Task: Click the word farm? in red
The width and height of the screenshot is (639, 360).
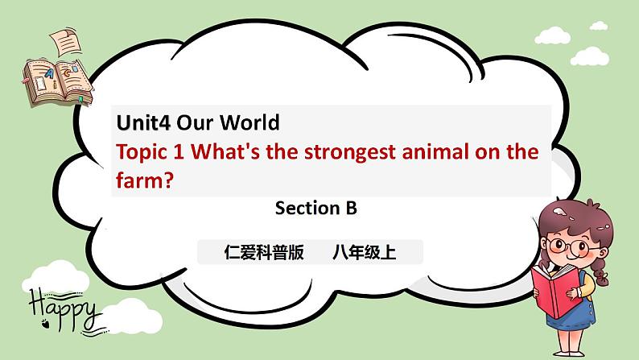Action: tap(145, 181)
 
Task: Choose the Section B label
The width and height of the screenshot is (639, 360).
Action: tap(315, 209)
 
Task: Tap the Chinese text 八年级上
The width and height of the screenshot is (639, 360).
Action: tap(364, 253)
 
